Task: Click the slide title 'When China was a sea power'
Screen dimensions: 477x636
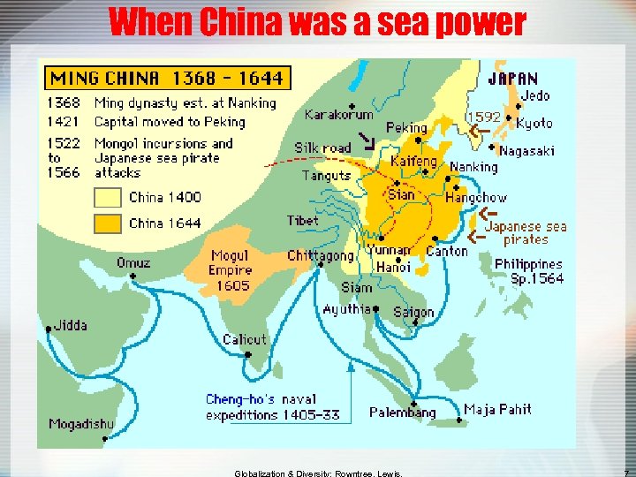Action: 317,21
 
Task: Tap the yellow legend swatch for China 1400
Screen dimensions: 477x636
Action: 107,197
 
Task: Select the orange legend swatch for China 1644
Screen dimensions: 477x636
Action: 107,223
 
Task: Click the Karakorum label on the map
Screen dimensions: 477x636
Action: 338,114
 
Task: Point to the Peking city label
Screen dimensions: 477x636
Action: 406,128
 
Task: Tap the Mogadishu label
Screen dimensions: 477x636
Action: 81,424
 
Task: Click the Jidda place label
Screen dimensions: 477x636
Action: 71,325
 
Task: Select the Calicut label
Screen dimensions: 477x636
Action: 245,339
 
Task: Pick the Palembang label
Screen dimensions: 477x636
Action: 402,413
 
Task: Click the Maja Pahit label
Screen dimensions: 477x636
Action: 498,409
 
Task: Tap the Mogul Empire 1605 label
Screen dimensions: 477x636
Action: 231,270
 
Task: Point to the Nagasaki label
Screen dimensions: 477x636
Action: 526,151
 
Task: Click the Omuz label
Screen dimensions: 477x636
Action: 133,262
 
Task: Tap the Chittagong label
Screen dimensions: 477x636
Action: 320,256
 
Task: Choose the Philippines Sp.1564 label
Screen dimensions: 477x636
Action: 528,270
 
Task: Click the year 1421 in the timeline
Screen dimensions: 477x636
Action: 64,122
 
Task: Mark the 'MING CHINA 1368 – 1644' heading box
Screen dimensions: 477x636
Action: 166,78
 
